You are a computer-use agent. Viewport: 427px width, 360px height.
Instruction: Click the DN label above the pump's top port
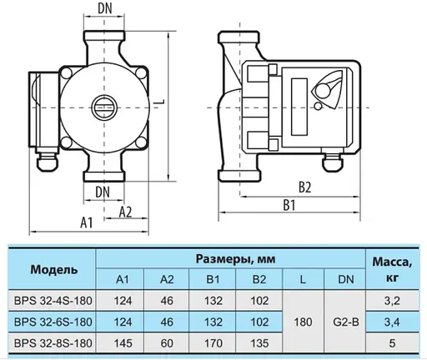(106, 8)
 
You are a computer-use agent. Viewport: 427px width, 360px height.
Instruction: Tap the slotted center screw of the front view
(104, 107)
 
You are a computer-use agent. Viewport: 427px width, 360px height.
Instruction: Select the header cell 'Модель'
(54, 270)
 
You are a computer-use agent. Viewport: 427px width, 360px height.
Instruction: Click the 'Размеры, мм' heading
(234, 259)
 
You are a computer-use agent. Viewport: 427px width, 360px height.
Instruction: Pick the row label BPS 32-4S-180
(54, 299)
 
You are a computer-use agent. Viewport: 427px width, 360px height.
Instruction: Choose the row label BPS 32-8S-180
(54, 342)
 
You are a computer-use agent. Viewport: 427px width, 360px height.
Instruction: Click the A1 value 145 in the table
(122, 342)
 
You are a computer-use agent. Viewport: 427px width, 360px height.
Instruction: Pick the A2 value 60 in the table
(167, 342)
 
